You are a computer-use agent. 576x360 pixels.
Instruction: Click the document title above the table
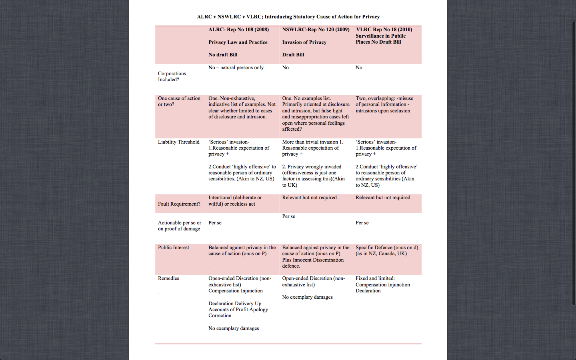[x=288, y=17]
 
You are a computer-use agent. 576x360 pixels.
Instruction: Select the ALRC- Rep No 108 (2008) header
[x=238, y=30]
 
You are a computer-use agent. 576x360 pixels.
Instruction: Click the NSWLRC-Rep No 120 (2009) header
[x=316, y=30]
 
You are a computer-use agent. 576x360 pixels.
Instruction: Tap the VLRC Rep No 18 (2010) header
[x=384, y=30]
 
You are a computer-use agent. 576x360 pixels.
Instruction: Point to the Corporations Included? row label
[x=172, y=76]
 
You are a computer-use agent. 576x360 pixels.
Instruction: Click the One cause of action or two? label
[x=179, y=101]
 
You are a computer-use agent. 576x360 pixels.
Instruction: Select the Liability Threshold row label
[x=178, y=142]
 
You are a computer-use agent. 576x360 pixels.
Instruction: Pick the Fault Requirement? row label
[x=179, y=204]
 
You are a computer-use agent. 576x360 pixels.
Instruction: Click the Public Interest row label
[x=173, y=248]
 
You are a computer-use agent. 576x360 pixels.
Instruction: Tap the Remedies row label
[x=168, y=278]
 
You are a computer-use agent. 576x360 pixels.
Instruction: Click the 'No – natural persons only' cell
[x=236, y=68]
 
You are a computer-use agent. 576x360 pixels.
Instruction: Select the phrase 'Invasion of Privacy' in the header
[x=304, y=42]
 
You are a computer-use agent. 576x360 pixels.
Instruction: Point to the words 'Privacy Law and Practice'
[x=238, y=42]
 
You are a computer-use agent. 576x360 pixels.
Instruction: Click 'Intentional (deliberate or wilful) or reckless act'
[x=235, y=201]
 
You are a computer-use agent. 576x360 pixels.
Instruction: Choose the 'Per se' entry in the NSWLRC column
[x=288, y=216]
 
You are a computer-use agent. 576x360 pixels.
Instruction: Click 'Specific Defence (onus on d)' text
[x=387, y=248]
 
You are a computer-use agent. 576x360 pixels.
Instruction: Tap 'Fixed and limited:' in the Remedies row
[x=375, y=278]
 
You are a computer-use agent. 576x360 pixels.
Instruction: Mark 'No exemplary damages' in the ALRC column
[x=234, y=328]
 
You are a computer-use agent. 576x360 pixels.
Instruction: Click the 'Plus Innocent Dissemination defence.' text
[x=313, y=263]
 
